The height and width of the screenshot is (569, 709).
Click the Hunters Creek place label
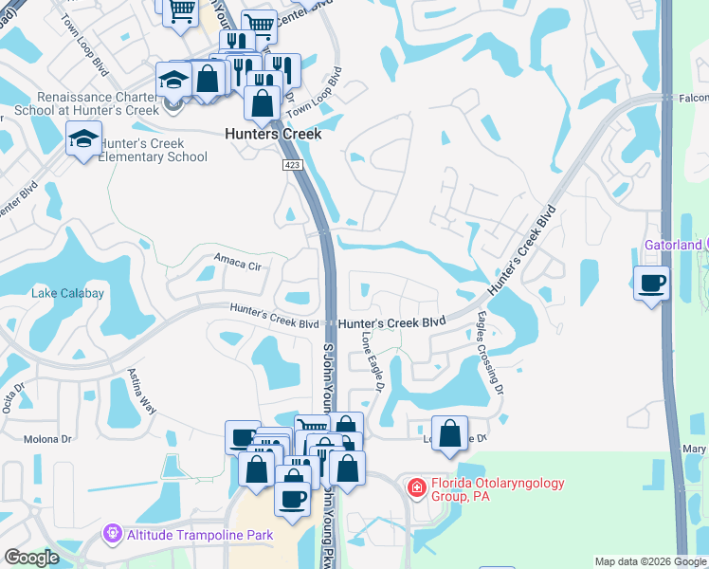point(273,135)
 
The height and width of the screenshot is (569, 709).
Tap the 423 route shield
point(290,165)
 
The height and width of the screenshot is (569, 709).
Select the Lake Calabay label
point(68,293)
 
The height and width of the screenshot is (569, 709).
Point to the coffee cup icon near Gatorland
point(651,283)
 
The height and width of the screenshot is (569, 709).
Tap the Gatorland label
point(671,244)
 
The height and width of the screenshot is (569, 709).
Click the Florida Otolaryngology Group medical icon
point(415,487)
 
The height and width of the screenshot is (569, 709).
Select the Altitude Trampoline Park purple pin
point(114,534)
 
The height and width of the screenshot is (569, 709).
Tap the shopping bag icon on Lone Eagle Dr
point(450,433)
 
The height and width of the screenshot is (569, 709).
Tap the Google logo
point(31,558)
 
